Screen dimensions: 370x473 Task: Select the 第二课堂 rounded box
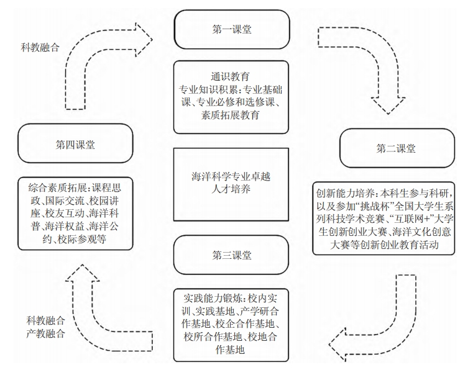(x=397, y=148)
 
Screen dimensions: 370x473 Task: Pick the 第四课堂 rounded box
(x=75, y=145)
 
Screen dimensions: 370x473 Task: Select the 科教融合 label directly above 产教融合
(x=45, y=321)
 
